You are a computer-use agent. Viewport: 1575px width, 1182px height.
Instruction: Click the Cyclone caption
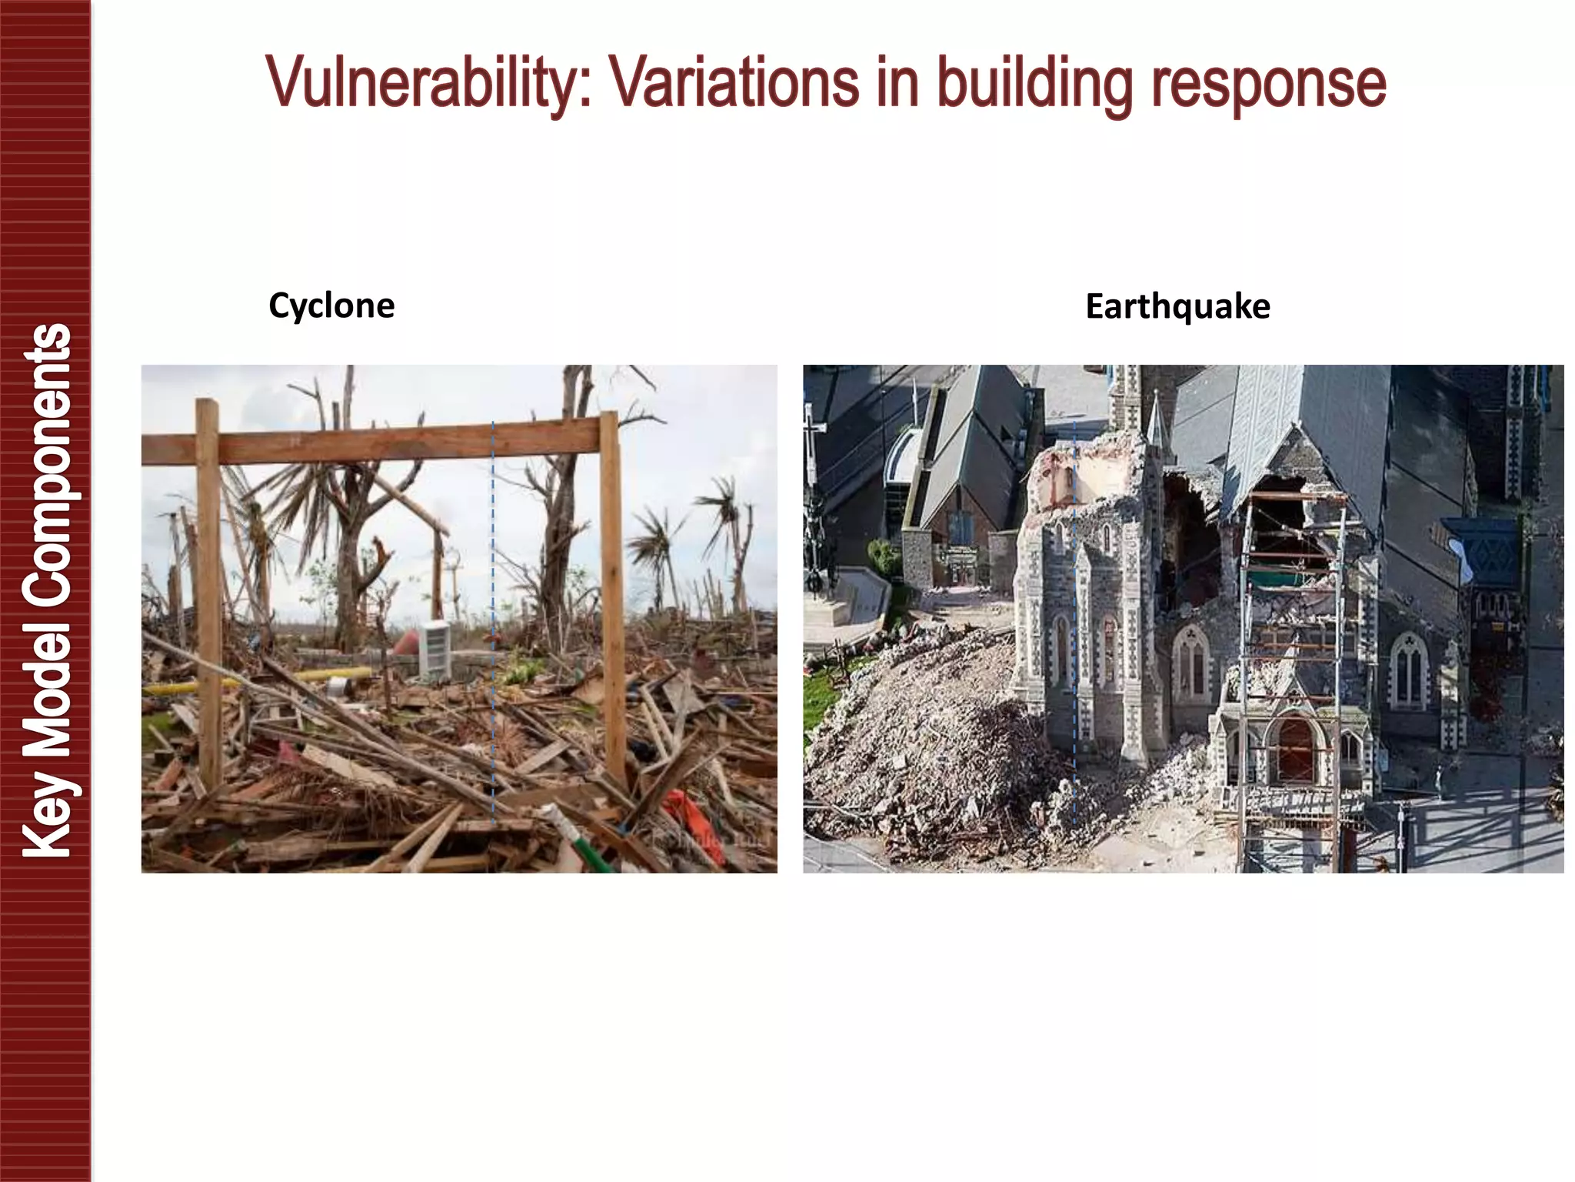[x=331, y=306]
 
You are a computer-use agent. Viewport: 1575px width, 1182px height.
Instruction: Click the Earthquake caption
[x=1177, y=306]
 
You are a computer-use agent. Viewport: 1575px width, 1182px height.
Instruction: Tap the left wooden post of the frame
[x=208, y=593]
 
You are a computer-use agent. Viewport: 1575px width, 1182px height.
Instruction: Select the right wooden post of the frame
[x=613, y=600]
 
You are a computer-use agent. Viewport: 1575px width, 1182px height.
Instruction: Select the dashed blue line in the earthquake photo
[x=1074, y=616]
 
